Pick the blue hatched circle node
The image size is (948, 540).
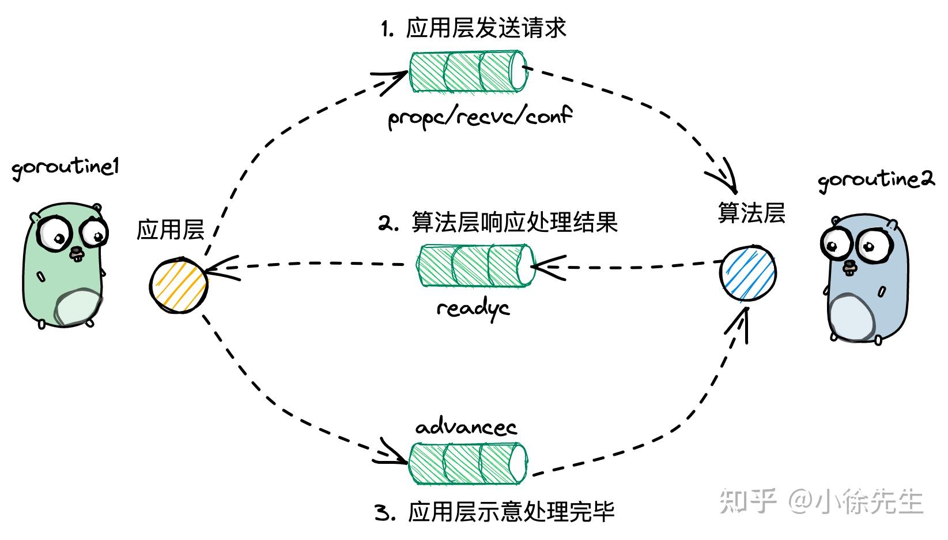(x=748, y=273)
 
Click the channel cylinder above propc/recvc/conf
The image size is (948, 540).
(x=468, y=72)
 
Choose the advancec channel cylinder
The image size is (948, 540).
(x=468, y=464)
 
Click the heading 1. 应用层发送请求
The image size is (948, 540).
(x=474, y=28)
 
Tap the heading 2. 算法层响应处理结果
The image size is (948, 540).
(x=498, y=222)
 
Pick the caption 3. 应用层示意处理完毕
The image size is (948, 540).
(x=494, y=512)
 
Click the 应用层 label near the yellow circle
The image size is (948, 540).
(x=171, y=230)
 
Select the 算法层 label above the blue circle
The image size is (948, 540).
(x=751, y=213)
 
